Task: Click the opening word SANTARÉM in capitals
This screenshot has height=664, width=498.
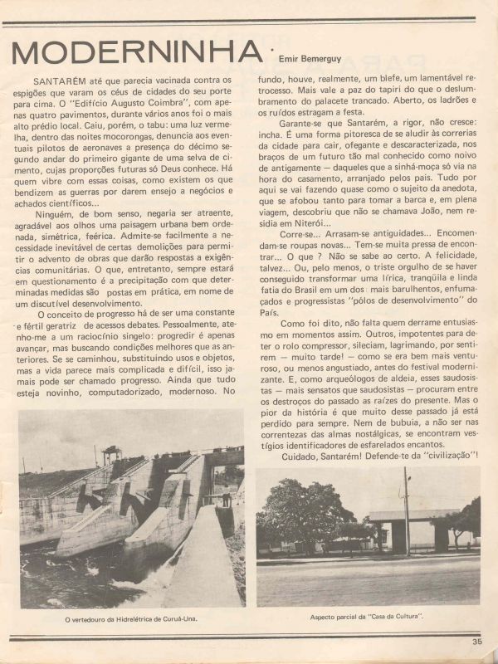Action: [x=56, y=81]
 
